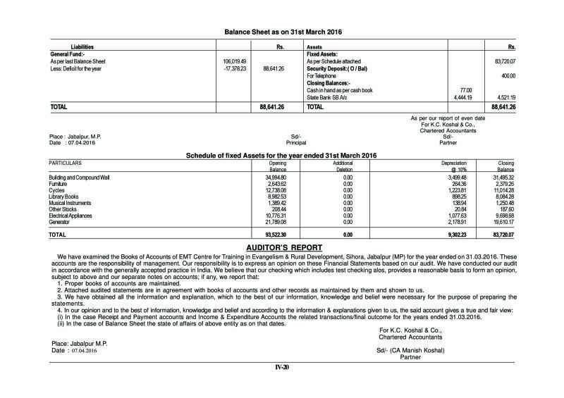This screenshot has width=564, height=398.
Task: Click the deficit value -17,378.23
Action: point(231,69)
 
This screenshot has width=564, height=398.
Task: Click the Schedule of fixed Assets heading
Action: point(281,155)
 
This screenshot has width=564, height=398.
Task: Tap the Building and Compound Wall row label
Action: point(79,178)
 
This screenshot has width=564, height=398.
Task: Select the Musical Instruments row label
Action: point(73,203)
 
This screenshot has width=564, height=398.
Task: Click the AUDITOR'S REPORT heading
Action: point(282,247)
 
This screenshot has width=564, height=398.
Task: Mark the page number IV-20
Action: point(281,367)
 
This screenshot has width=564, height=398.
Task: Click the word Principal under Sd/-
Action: point(297,142)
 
